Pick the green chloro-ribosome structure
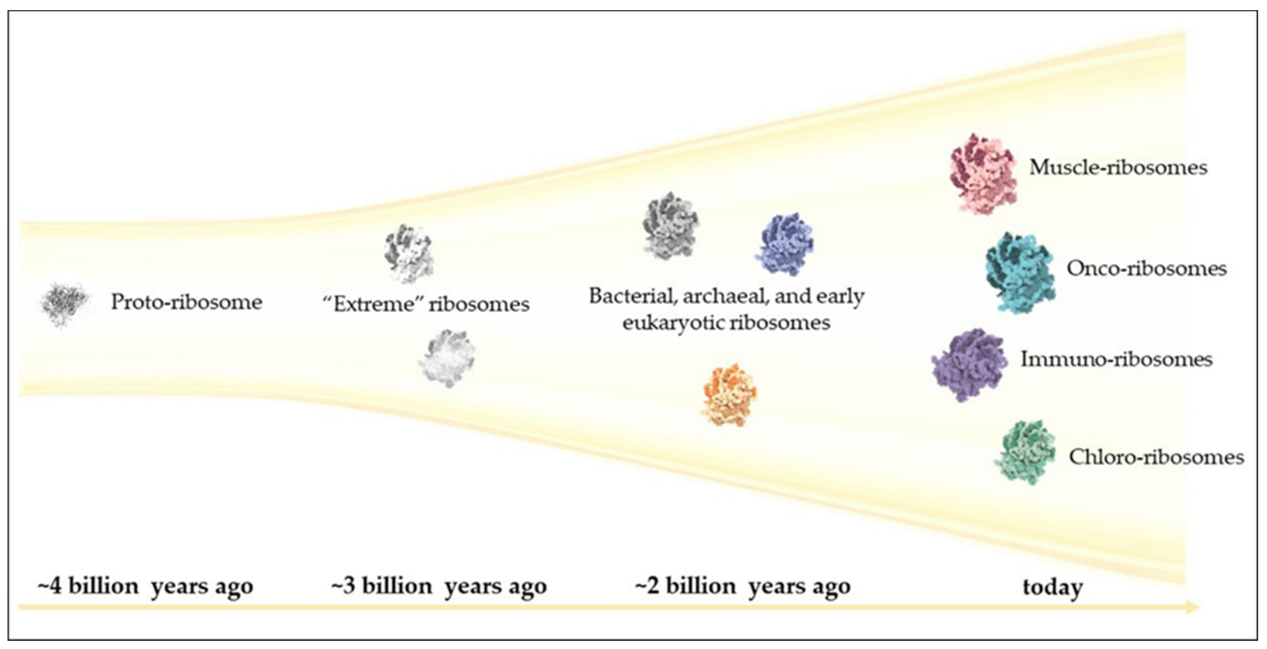click(1026, 452)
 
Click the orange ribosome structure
click(729, 395)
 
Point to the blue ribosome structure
click(785, 244)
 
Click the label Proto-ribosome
click(186, 302)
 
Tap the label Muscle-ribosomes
click(1118, 168)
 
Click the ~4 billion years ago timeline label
click(145, 586)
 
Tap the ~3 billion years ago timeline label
click(439, 586)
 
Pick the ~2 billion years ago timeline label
click(743, 586)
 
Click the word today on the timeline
click(1052, 587)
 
